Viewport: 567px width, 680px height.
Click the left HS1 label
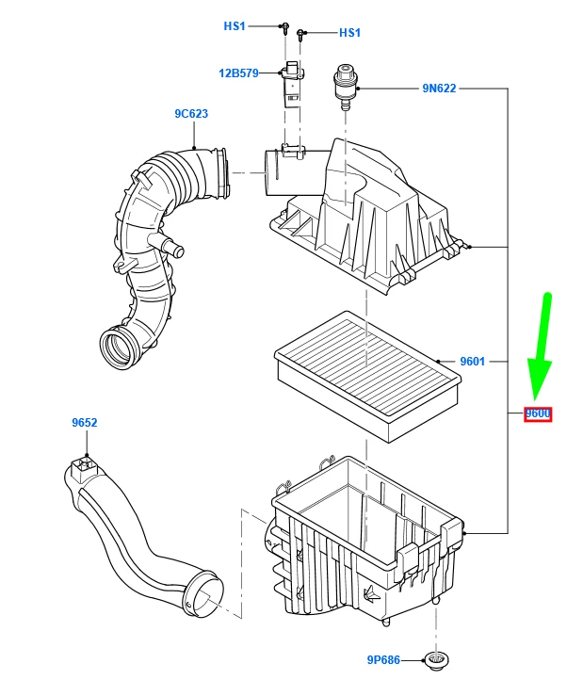(x=234, y=26)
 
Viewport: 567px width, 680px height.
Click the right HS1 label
(x=349, y=33)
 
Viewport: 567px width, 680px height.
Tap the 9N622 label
(x=439, y=89)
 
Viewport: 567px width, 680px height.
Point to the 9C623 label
(x=190, y=114)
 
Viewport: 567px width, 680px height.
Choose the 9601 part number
(x=472, y=361)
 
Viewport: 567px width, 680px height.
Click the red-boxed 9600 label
(x=538, y=413)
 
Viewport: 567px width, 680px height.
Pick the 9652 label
(x=85, y=424)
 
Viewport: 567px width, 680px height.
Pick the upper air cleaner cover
(x=367, y=212)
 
